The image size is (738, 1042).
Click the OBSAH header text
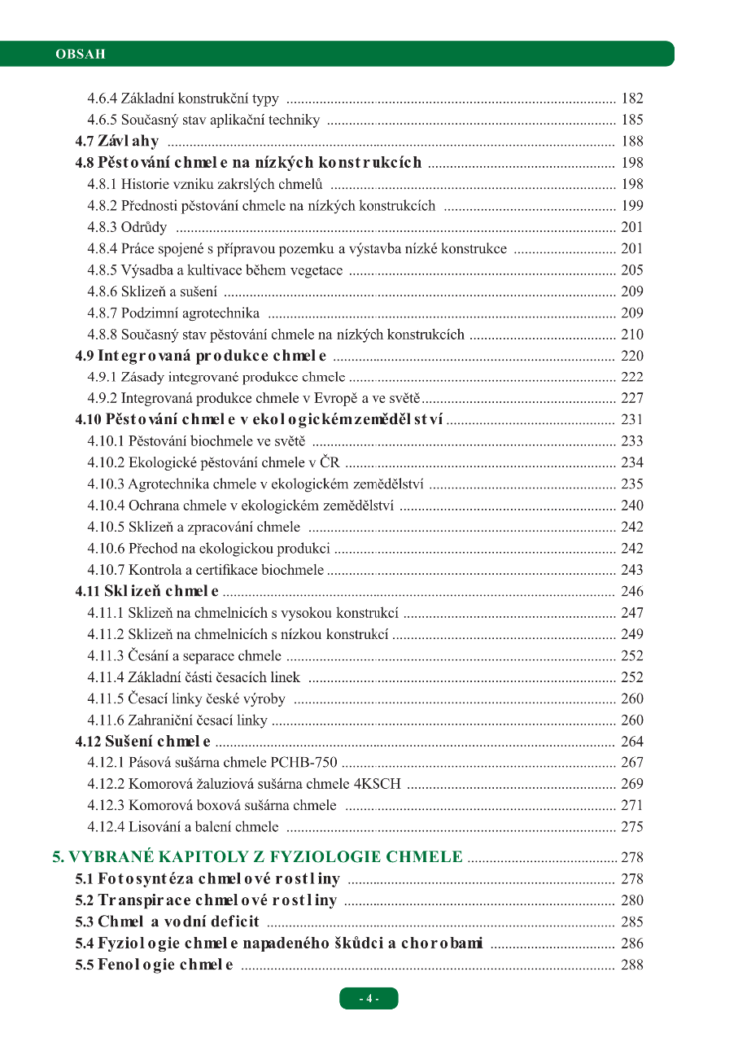click(x=80, y=55)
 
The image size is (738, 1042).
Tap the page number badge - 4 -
click(x=369, y=998)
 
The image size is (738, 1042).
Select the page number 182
click(x=631, y=99)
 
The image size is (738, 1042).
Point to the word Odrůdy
click(x=144, y=227)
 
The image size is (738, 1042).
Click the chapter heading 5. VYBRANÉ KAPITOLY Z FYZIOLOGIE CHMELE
click(x=258, y=856)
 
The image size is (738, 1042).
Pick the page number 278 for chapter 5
click(x=631, y=857)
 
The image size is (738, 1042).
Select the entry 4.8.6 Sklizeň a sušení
click(x=152, y=291)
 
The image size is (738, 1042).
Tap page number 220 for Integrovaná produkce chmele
click(x=631, y=356)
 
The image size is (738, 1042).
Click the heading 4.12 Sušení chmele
click(x=143, y=742)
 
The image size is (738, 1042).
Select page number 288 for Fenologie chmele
click(x=631, y=965)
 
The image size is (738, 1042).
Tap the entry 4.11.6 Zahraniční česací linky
click(x=177, y=720)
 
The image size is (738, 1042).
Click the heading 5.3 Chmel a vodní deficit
click(x=167, y=922)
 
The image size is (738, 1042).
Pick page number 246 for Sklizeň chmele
click(x=631, y=591)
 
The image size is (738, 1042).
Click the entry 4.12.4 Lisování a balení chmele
click(x=183, y=827)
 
